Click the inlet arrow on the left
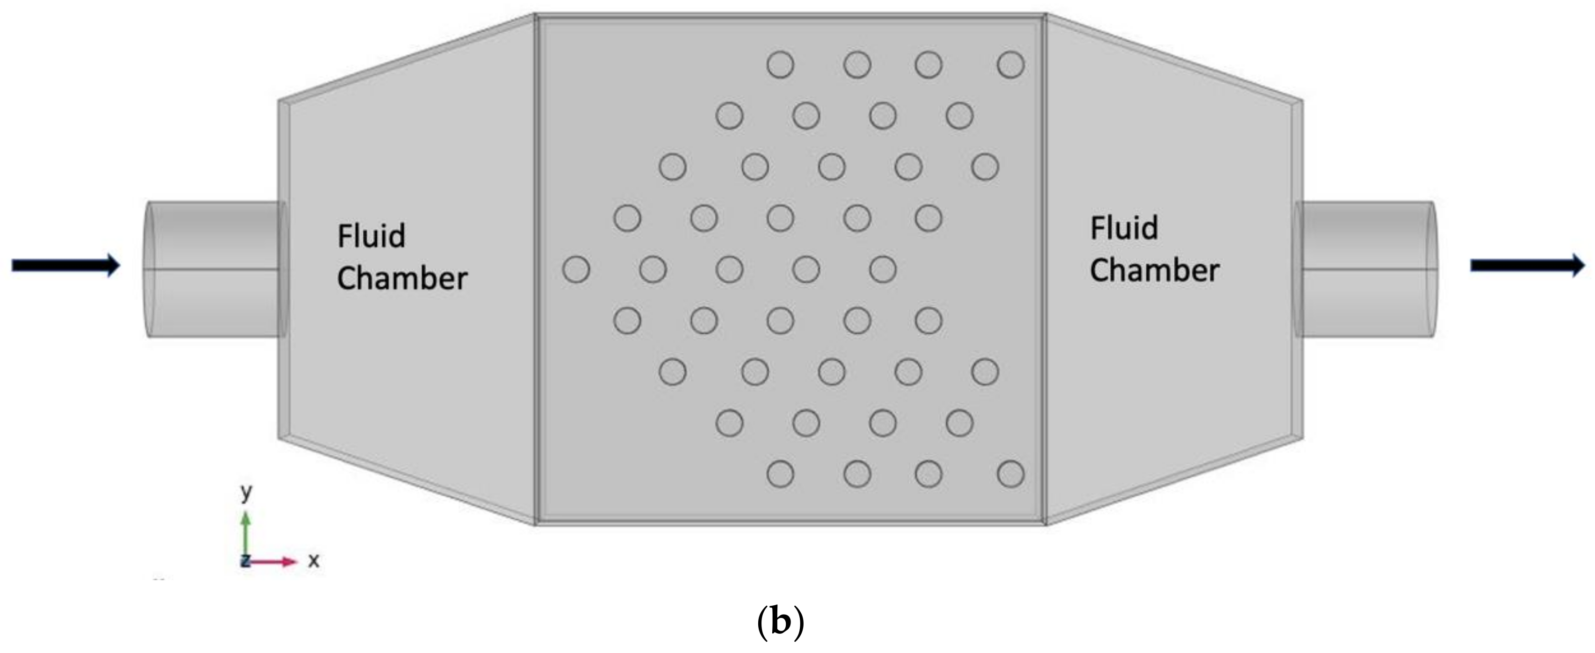tap(65, 266)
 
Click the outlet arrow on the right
tap(1527, 266)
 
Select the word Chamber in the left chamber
tap(402, 278)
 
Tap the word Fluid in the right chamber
tap(1123, 228)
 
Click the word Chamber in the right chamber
tap(1154, 270)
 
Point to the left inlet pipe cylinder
tap(213, 269)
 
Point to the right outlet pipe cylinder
tap(1365, 269)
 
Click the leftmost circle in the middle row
tap(576, 269)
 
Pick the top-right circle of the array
tap(1010, 65)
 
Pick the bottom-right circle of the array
tap(1010, 475)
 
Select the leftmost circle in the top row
tap(780, 65)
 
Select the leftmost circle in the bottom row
tap(780, 475)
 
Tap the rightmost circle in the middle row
tap(882, 269)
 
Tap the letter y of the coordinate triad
tap(247, 493)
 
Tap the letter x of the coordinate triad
tap(314, 561)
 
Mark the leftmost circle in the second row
tap(729, 116)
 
